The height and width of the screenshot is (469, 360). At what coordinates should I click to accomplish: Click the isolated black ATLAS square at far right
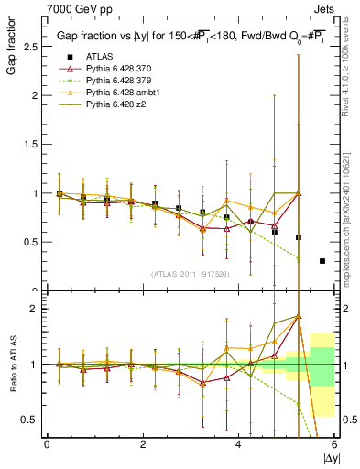click(x=322, y=261)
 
